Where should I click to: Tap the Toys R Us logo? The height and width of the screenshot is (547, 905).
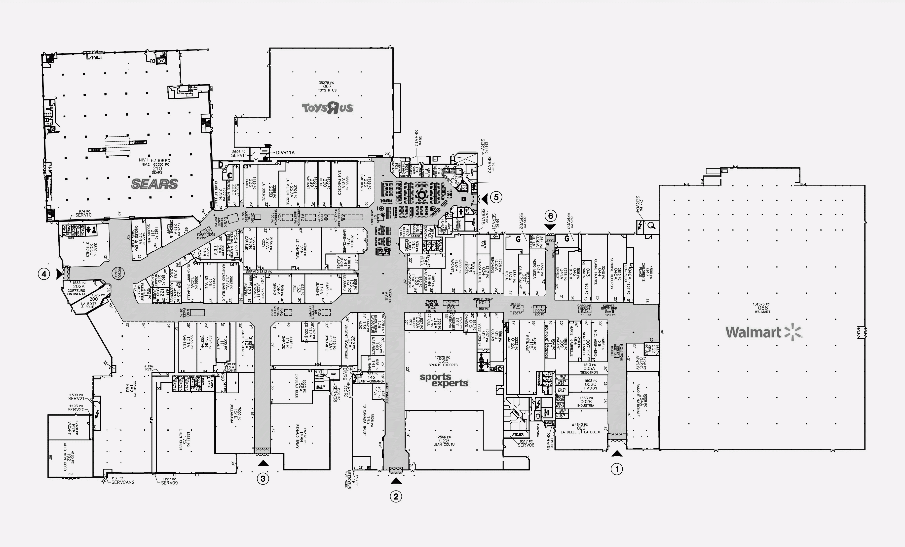point(327,108)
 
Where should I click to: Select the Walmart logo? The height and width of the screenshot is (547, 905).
point(763,332)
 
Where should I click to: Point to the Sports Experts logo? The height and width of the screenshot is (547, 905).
point(444,380)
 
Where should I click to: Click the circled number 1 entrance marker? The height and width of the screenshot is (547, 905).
point(617,469)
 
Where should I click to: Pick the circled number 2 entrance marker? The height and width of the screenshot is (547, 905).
point(396,497)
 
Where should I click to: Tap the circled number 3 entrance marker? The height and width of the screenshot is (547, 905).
point(263,479)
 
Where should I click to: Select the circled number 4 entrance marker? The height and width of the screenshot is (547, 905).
point(44,274)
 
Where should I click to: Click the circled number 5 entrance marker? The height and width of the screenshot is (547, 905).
point(496,197)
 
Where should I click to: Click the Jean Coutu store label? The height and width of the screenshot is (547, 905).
point(444,444)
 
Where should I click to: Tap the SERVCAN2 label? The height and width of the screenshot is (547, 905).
point(123,482)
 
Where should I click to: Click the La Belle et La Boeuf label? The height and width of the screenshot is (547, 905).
point(580,432)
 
